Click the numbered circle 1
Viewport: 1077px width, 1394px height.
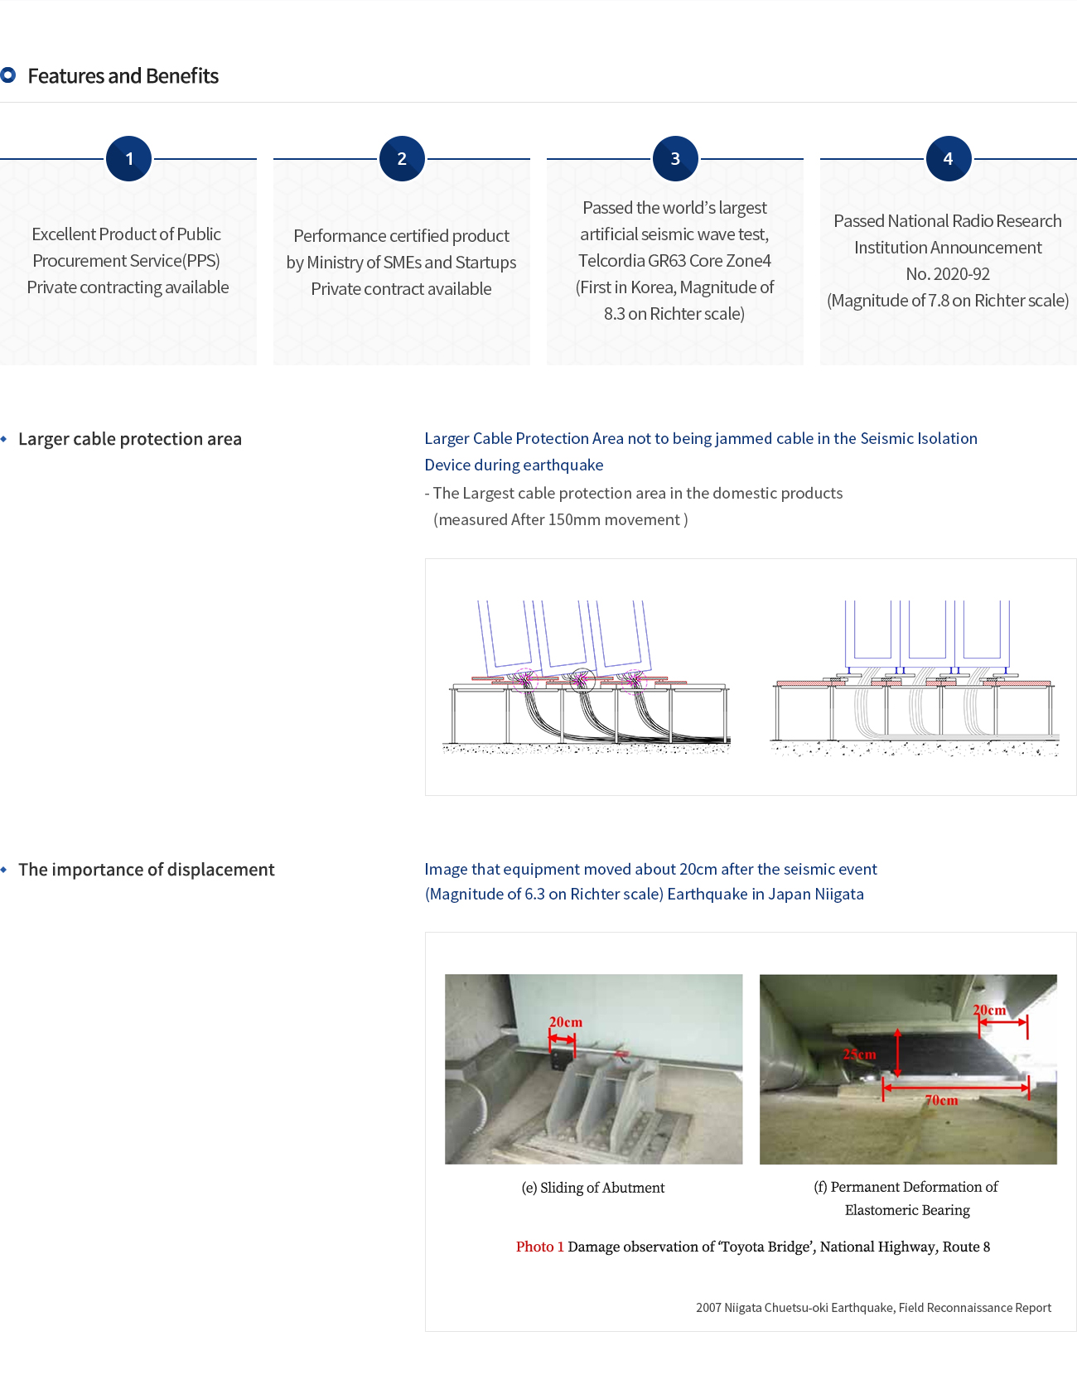tap(128, 158)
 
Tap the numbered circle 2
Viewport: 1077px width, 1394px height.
tap(402, 158)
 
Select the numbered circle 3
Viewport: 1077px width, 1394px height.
tap(675, 158)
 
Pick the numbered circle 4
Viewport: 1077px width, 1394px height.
tap(948, 158)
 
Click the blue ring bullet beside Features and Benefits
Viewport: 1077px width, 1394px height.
tap(8, 75)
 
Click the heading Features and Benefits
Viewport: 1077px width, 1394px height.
tap(123, 76)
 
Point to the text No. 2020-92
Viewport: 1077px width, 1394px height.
tap(948, 274)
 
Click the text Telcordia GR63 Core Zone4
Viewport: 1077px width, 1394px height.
tap(674, 261)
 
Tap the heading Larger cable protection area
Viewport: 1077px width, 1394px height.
tap(130, 439)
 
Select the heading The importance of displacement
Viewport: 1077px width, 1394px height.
tap(146, 870)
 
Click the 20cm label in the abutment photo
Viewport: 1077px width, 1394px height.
tap(566, 1022)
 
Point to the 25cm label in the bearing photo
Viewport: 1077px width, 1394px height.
tap(859, 1054)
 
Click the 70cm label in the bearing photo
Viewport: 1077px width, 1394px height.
tap(941, 1100)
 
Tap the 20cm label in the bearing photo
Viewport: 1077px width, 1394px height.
tap(988, 1010)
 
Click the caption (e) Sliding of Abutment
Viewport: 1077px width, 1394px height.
tap(593, 1188)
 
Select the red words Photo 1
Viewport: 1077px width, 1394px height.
tap(539, 1247)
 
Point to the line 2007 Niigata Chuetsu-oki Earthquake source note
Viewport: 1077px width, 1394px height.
tap(873, 1308)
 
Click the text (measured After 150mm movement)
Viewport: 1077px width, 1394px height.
tap(561, 520)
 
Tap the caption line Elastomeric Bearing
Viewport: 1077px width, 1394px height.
tap(907, 1210)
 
